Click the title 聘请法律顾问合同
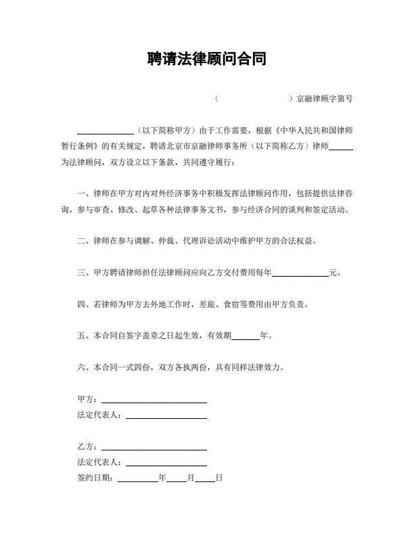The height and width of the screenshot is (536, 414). pos(206,59)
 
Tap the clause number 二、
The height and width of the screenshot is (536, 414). pos(84,241)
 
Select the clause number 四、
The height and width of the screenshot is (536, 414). pos(84,305)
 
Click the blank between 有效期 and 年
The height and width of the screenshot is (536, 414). pos(245,336)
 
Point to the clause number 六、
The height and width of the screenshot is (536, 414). pos(84,368)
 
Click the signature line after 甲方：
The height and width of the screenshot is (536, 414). pos(154,401)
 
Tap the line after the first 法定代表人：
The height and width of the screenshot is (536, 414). pos(166,415)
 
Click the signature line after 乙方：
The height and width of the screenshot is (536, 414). pos(154,448)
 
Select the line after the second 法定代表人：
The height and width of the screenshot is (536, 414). pos(166,463)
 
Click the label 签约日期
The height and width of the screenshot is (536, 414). pos(95,478)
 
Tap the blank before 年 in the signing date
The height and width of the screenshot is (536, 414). pos(137,478)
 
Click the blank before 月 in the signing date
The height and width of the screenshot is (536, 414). pos(176,478)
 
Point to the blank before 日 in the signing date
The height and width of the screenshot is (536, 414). pos(205,478)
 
